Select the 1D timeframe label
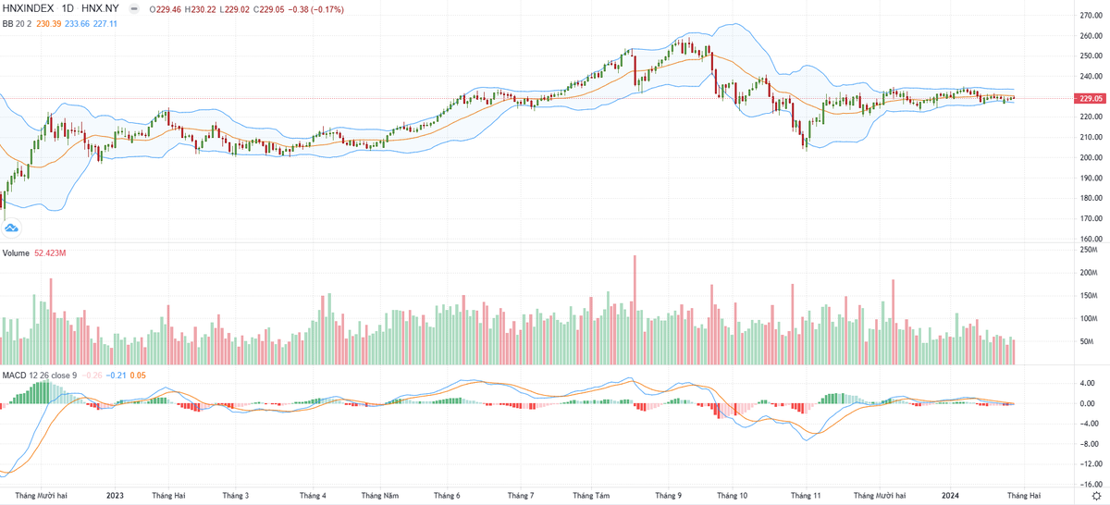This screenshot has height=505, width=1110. coord(69,7)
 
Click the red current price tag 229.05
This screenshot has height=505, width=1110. coord(1092,98)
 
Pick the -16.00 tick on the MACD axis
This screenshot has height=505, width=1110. coord(1089,484)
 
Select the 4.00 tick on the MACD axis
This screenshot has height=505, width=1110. coord(1090,383)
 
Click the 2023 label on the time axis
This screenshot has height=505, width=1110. coord(115,496)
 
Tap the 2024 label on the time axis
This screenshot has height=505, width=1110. coord(950,496)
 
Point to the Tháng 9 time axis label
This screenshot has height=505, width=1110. coord(668,496)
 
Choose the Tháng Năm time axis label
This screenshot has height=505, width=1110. coord(379,496)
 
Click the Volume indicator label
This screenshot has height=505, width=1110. coord(16,252)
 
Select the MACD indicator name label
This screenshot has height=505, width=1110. coord(14,375)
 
